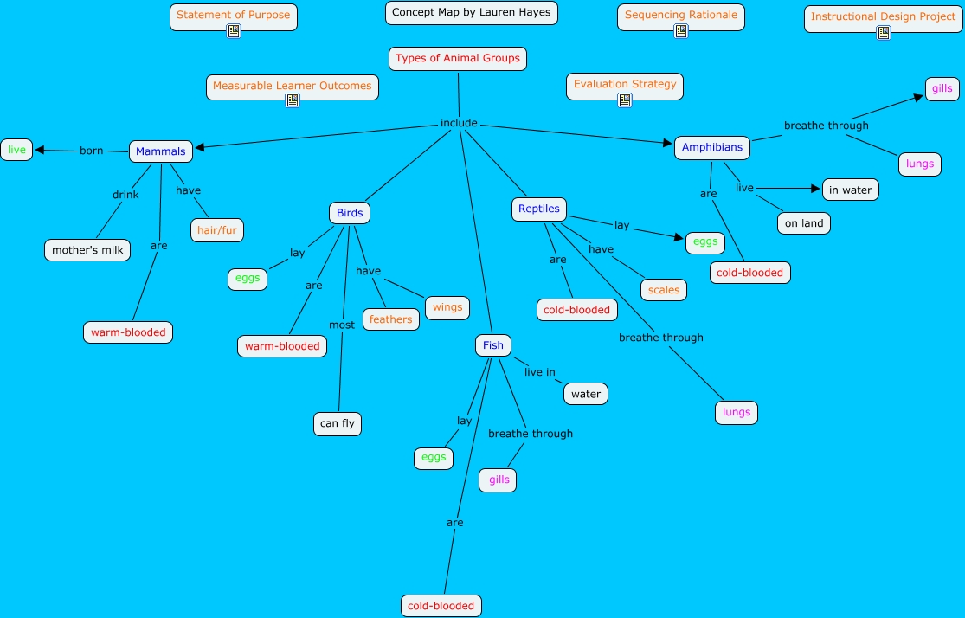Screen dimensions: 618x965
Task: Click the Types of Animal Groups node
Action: coord(458,59)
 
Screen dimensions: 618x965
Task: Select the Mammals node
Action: coord(161,151)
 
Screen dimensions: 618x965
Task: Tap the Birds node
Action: coord(350,213)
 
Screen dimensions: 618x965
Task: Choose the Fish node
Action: coord(493,345)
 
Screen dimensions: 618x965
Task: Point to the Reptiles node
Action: coord(539,209)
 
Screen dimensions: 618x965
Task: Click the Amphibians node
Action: coord(712,147)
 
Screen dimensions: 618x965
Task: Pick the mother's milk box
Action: coord(87,250)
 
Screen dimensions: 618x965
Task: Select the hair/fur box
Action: coord(217,229)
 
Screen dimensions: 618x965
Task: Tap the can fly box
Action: coord(338,423)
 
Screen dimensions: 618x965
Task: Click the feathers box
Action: coord(391,319)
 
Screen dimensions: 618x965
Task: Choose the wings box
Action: coord(447,307)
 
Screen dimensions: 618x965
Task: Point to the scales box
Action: coord(664,290)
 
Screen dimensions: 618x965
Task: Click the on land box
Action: coord(804,223)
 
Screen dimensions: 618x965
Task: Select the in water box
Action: coord(850,190)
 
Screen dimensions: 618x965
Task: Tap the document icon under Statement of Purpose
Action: coord(234,31)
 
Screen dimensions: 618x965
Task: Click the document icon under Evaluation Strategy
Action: coord(625,100)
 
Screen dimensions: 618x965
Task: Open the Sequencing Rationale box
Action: coord(681,15)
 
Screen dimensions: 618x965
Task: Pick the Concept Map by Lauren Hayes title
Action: coord(471,13)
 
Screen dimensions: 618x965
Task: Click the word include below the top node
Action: coord(459,123)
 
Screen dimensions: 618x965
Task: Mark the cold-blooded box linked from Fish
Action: coord(441,606)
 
